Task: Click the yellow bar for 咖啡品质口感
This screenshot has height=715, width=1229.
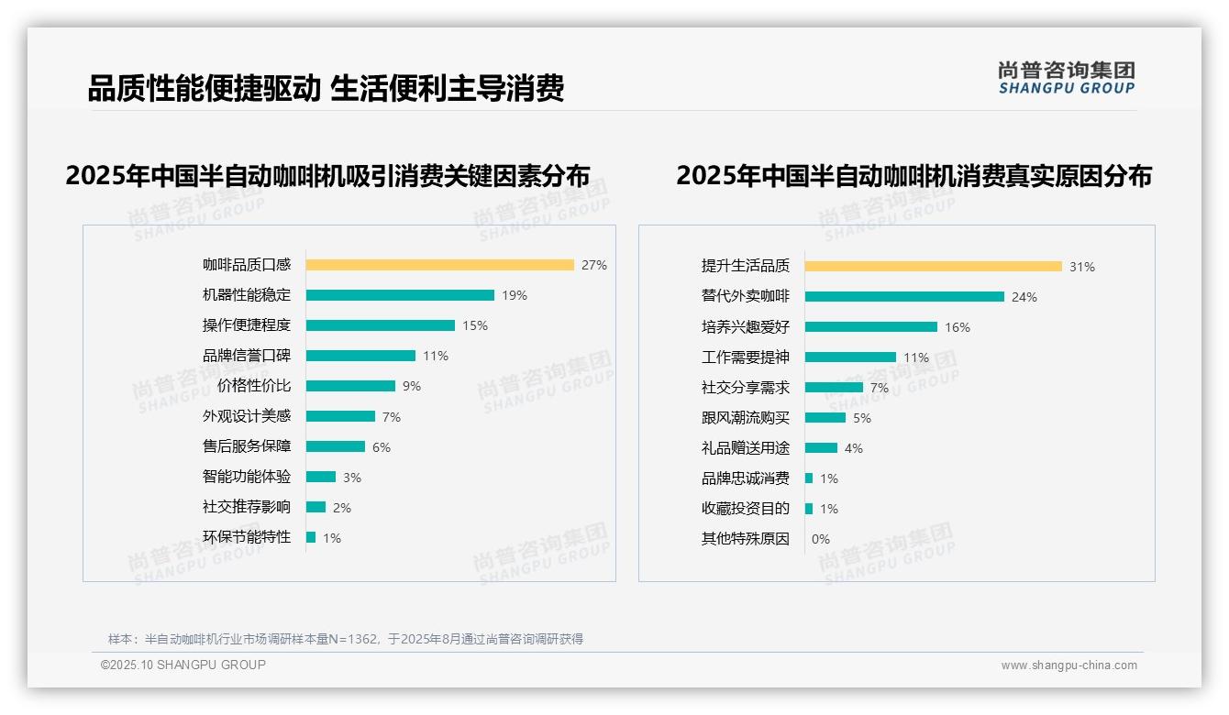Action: [439, 265]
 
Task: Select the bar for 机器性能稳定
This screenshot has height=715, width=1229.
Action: [400, 295]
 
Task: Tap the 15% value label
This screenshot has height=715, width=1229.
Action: [475, 325]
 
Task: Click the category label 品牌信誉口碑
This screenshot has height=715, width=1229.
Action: [246, 356]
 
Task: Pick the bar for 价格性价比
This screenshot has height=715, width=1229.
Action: [350, 386]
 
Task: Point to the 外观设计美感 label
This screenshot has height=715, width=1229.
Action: [246, 416]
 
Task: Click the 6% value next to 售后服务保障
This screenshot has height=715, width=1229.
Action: [382, 447]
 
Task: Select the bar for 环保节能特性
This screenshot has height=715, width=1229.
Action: [311, 537]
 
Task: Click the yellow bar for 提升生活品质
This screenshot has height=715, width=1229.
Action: [934, 267]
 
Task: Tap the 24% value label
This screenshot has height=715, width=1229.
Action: [1024, 297]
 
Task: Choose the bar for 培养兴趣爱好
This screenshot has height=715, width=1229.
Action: [871, 327]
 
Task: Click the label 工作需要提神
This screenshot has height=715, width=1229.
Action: [745, 357]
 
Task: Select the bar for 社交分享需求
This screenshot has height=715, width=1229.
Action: [834, 388]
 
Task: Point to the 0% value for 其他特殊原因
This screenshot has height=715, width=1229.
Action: [820, 539]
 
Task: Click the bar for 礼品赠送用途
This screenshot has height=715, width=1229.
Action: [821, 448]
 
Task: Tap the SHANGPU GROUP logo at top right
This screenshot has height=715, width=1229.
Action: [1066, 78]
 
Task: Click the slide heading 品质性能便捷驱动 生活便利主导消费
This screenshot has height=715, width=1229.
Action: [325, 88]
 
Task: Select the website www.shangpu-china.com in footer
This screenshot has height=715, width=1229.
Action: [1068, 665]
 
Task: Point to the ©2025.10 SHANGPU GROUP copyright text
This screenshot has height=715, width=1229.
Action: [183, 665]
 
